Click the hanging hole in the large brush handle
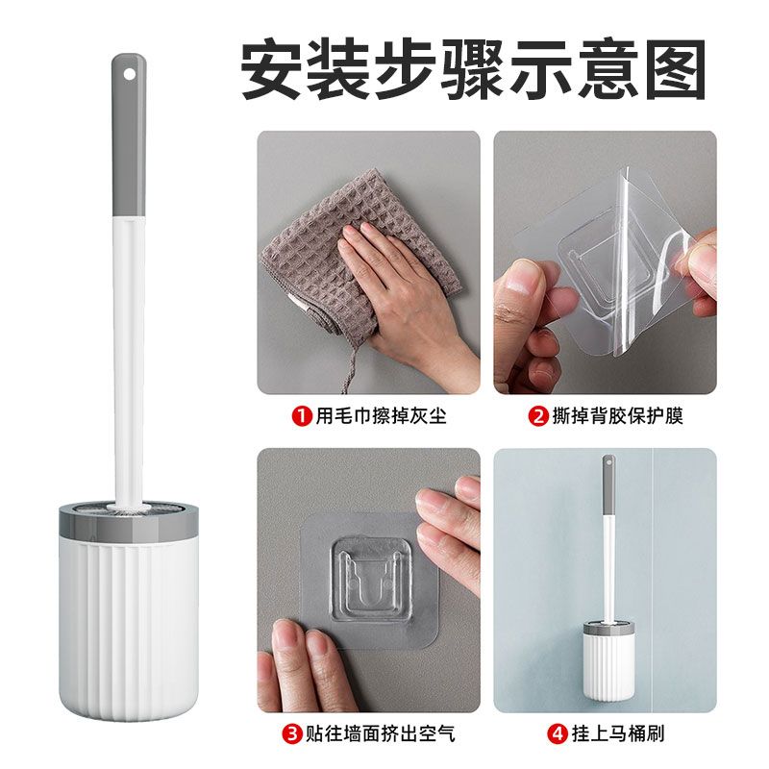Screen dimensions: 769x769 [x=129, y=75]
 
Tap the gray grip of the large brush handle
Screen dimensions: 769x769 [x=129, y=135]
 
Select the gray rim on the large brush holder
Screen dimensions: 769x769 [x=129, y=521]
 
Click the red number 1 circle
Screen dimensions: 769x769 [x=302, y=416]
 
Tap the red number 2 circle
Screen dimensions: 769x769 [x=538, y=416]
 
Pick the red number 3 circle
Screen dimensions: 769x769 [x=292, y=734]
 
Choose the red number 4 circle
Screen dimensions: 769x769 [x=558, y=734]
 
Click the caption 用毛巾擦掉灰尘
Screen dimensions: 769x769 [x=381, y=416]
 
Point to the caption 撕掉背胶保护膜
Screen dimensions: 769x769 [x=618, y=416]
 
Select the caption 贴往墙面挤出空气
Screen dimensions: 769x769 [x=381, y=734]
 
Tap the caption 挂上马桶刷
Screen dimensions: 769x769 [x=618, y=734]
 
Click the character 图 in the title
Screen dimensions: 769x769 [x=676, y=69]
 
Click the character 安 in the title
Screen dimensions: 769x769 [x=271, y=69]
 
